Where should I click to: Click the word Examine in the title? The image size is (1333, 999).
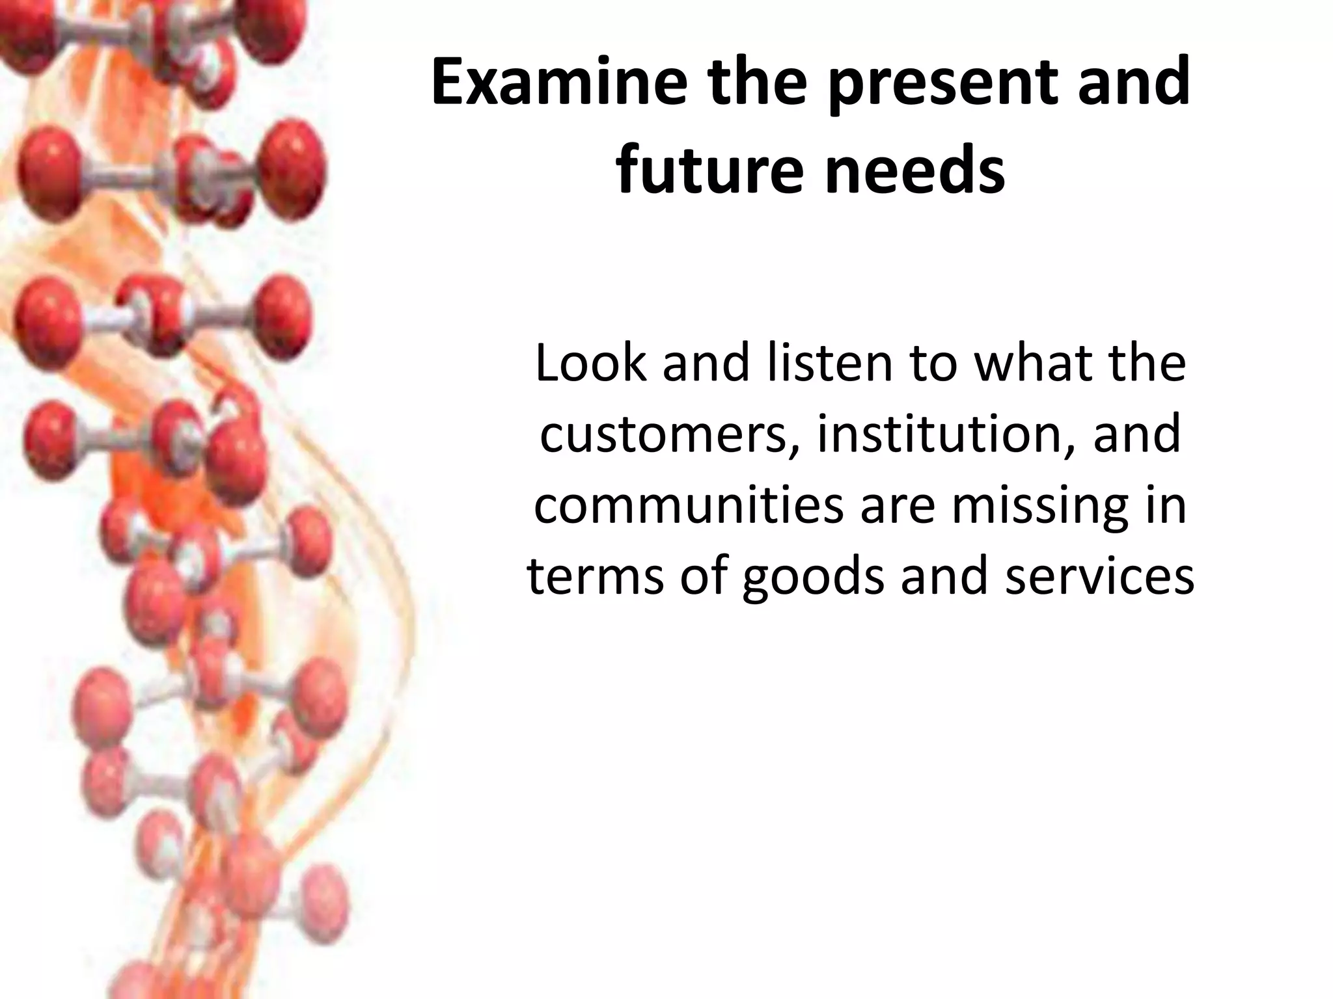click(558, 83)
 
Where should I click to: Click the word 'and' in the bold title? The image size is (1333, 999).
click(1133, 83)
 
